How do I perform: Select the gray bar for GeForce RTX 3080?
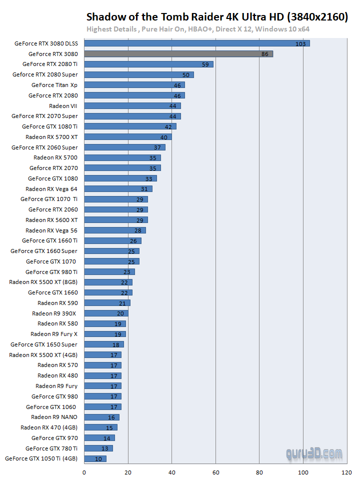tap(178, 53)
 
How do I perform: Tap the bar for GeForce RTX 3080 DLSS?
tap(197, 43)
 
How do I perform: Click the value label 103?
tap(300, 44)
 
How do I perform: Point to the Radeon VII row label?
tap(63, 106)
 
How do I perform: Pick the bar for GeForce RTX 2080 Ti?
tap(148, 64)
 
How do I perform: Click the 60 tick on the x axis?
tap(215, 471)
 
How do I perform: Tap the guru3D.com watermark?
tap(314, 454)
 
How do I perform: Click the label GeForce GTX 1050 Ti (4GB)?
tap(41, 458)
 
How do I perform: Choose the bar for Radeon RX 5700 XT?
tap(128, 137)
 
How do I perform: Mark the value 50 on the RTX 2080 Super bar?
tap(185, 75)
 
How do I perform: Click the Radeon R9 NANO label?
tap(54, 417)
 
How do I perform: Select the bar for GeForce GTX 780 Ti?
tap(98, 448)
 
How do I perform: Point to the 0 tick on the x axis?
tap(84, 471)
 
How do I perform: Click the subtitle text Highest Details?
tap(111, 29)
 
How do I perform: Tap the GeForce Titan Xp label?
tap(54, 85)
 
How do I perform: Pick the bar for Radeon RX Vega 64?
tap(118, 189)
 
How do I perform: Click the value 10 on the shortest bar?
tap(98, 459)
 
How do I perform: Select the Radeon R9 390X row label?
tap(54, 313)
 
